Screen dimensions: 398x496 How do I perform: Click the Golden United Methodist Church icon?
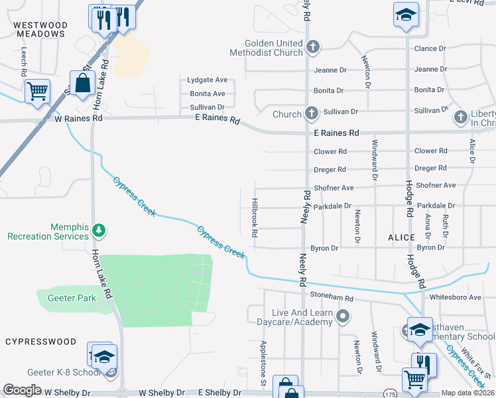pos(313,47)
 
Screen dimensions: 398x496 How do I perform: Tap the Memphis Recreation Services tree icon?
pos(99,230)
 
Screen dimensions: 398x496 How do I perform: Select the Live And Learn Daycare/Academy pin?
pos(343,316)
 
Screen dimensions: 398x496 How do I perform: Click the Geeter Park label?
pos(72,298)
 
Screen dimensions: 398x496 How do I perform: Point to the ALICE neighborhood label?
pos(401,237)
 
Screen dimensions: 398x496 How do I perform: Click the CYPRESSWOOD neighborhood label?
pos(41,342)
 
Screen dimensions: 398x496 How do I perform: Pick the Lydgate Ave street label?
pos(207,80)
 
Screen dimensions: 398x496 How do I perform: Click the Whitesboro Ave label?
pos(456,297)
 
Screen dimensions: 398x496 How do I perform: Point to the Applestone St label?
pos(263,364)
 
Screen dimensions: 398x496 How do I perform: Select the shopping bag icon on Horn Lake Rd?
pos(82,84)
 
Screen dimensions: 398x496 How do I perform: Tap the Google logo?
pos(23,390)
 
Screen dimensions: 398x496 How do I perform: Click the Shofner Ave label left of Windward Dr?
pos(334,188)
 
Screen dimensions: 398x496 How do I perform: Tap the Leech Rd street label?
pos(24,60)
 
